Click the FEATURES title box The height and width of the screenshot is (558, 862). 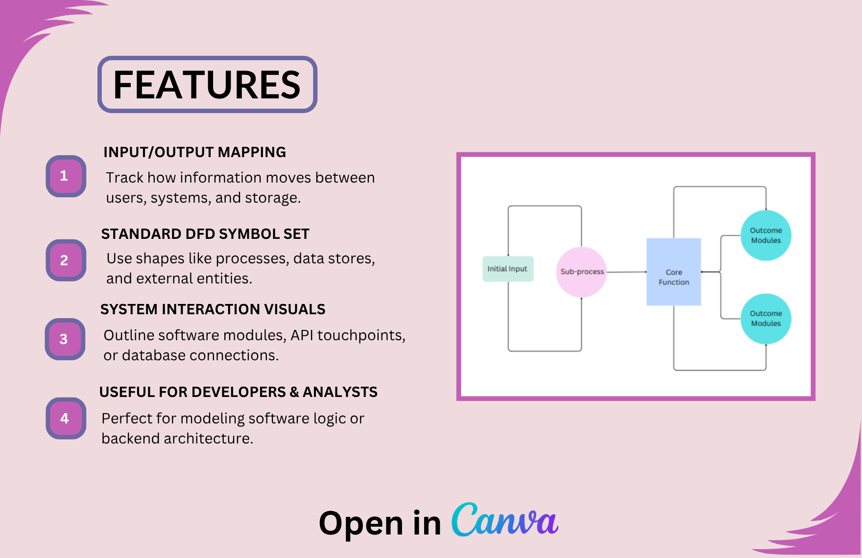pos(207,85)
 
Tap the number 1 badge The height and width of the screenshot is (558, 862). pos(66,176)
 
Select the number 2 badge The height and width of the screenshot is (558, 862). pos(66,260)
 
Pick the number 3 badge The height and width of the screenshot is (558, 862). pos(65,339)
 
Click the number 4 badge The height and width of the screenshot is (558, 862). pos(66,418)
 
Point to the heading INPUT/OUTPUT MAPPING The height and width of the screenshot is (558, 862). pos(194,152)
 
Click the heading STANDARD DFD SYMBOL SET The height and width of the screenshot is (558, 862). pos(205,234)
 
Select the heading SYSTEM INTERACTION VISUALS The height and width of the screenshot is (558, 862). pos(213,309)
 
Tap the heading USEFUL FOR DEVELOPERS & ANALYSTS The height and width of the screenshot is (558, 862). pos(238,392)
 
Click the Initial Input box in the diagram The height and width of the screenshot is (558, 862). pos(507,269)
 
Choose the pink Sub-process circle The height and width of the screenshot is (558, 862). pos(581,272)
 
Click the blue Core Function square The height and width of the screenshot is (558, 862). pos(673,272)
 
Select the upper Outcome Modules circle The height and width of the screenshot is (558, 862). pos(766,235)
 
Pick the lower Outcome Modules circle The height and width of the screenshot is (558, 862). pos(766,319)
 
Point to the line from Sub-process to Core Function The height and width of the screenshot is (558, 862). pos(626,272)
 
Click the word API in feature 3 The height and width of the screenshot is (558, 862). pos(302,335)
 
